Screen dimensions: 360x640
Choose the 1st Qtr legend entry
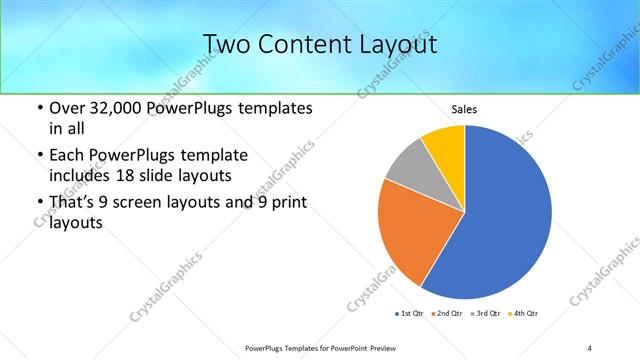(410, 314)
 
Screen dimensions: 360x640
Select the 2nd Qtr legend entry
(446, 314)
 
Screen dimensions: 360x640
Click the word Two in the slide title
(227, 44)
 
